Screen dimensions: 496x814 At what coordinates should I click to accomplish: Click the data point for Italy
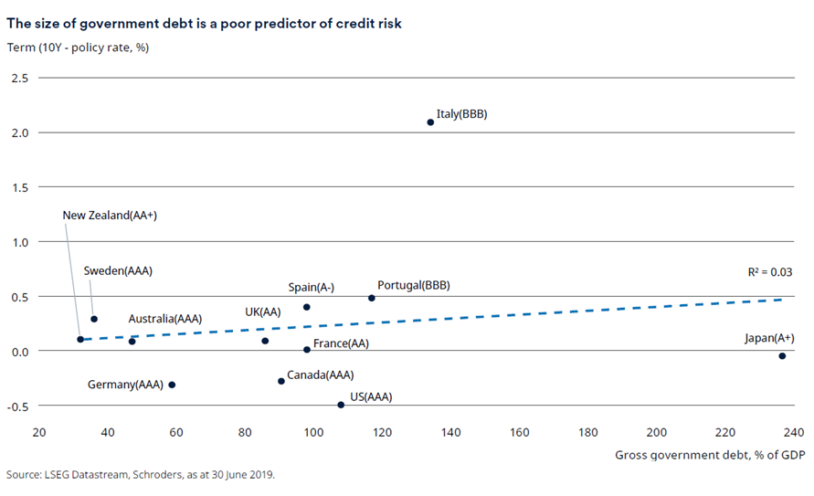(x=430, y=121)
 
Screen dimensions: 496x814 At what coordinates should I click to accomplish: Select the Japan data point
(x=782, y=355)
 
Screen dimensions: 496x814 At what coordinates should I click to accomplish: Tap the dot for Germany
(x=172, y=385)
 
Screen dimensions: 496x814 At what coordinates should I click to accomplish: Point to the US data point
(x=341, y=405)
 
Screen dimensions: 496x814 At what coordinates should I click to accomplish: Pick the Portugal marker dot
(x=372, y=298)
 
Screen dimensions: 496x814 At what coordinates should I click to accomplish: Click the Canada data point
(x=281, y=381)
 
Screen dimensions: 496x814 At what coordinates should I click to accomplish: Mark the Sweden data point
(x=94, y=319)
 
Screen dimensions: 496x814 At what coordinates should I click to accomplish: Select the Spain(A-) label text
(x=312, y=287)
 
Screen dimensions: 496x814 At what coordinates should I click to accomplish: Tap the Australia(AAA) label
(x=164, y=319)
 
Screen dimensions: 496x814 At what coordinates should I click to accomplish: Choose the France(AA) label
(x=341, y=344)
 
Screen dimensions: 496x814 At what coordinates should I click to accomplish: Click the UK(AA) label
(x=262, y=311)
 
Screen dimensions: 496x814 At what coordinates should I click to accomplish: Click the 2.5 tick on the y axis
(x=19, y=79)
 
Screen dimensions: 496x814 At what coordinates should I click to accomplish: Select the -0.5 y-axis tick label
(x=17, y=406)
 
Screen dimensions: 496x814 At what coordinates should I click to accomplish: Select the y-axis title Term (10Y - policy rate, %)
(x=78, y=47)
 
